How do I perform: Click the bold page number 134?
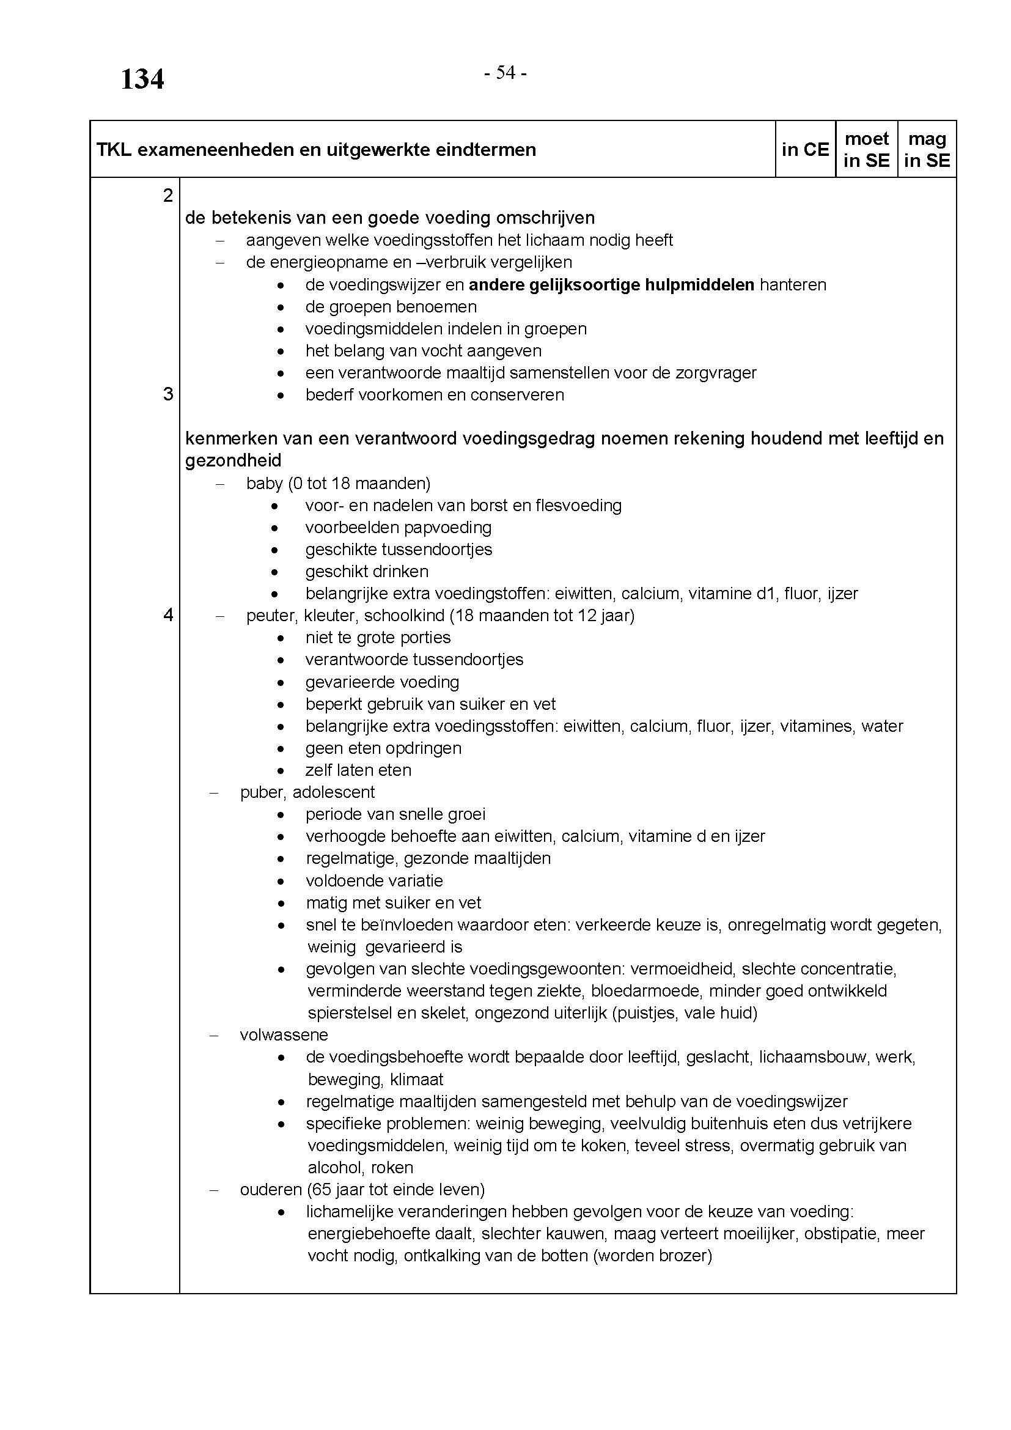tap(142, 79)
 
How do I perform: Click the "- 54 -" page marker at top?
tap(505, 73)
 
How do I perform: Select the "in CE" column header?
tap(805, 149)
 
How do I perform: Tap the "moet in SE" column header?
tap(866, 149)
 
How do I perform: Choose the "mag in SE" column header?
tap(927, 149)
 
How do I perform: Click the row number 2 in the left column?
tap(167, 196)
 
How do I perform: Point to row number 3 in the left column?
tap(167, 394)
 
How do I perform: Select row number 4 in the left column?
tap(167, 616)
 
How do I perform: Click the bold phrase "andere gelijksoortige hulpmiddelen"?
tap(611, 286)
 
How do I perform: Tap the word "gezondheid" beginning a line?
tap(233, 461)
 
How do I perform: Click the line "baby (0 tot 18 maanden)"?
tap(338, 484)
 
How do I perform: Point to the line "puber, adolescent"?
tap(307, 792)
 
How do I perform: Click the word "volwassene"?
tap(284, 1035)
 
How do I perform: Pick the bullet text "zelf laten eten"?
tap(358, 770)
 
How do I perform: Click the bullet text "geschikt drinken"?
tap(367, 572)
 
